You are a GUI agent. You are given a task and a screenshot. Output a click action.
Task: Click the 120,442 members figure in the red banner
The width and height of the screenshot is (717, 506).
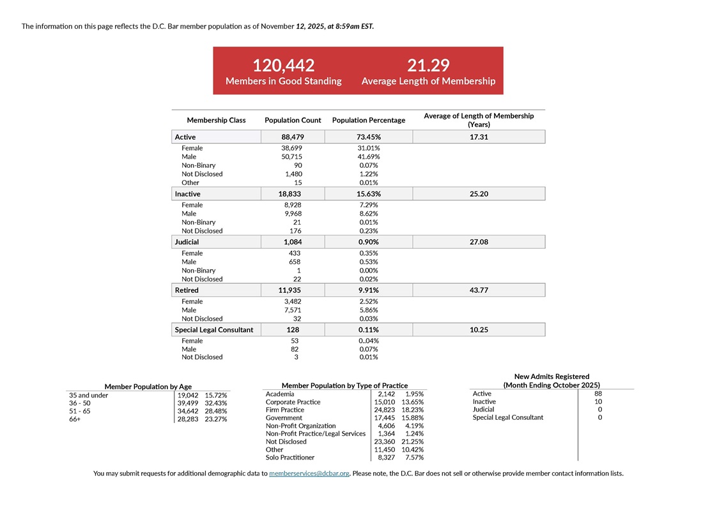[x=284, y=65]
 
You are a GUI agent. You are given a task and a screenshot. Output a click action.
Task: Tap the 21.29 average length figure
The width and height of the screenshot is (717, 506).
[x=428, y=65]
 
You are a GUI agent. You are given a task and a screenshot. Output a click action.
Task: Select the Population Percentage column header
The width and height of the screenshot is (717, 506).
[x=368, y=120]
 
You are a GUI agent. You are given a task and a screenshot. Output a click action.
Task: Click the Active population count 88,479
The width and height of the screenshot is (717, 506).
[x=293, y=137]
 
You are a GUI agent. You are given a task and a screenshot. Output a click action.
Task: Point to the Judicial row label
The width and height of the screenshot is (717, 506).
[x=187, y=242]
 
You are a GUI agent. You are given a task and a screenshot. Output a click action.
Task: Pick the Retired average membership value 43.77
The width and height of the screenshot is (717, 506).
[x=479, y=290]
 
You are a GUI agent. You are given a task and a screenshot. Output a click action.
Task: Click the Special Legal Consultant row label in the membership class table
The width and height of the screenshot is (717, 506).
[x=214, y=330]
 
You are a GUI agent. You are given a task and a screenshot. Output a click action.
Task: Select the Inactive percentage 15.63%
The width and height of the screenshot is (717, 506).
[x=368, y=194]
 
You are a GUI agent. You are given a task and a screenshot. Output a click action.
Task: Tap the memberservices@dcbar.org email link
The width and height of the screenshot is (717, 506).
[x=309, y=473]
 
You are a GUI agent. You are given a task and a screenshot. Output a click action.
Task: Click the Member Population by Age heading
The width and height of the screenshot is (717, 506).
[x=148, y=387]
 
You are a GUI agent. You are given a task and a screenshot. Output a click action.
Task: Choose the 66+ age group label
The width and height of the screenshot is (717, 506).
[x=75, y=419]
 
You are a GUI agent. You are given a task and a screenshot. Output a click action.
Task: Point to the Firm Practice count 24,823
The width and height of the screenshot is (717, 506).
[x=385, y=410]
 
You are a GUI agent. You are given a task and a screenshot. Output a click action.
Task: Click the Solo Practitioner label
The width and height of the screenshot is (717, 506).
[x=290, y=458]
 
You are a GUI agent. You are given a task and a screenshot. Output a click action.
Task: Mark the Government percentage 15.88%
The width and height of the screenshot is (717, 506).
[x=413, y=418]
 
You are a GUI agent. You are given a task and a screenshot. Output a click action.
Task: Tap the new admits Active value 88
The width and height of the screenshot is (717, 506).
[x=597, y=394]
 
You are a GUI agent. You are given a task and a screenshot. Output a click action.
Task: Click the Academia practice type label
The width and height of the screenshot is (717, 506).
[x=280, y=394]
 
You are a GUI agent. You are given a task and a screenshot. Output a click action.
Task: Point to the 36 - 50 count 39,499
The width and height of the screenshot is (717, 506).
[x=189, y=403]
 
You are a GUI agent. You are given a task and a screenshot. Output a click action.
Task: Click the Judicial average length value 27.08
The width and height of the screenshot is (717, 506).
[x=479, y=242]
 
